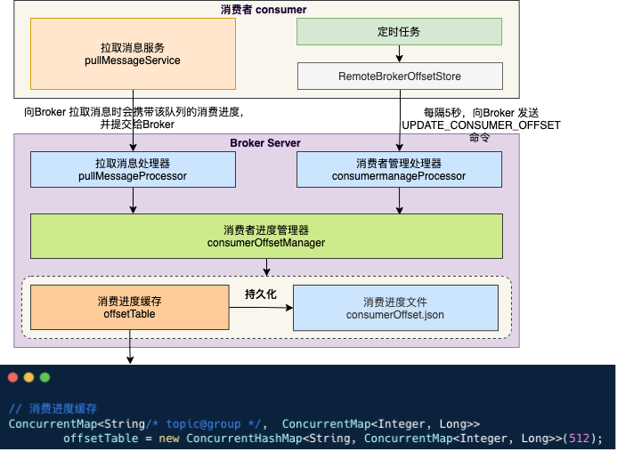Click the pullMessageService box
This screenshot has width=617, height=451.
(x=134, y=53)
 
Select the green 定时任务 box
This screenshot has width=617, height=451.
(x=399, y=32)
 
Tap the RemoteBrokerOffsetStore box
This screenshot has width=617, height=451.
(x=399, y=77)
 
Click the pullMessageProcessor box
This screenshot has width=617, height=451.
(x=134, y=170)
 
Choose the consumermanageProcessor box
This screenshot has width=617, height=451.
(x=398, y=170)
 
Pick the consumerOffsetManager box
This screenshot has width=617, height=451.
(x=265, y=236)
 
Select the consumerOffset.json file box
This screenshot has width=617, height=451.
(x=394, y=308)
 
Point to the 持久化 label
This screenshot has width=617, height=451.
(x=261, y=293)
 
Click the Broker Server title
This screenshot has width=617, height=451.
(x=265, y=143)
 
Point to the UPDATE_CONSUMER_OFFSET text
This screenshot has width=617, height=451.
(x=481, y=125)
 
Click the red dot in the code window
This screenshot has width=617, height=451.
(x=12, y=378)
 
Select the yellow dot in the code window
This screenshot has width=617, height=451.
(x=28, y=378)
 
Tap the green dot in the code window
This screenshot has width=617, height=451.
(x=45, y=378)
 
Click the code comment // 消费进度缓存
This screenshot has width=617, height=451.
(x=53, y=408)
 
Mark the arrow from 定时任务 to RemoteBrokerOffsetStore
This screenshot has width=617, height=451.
(x=399, y=53)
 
